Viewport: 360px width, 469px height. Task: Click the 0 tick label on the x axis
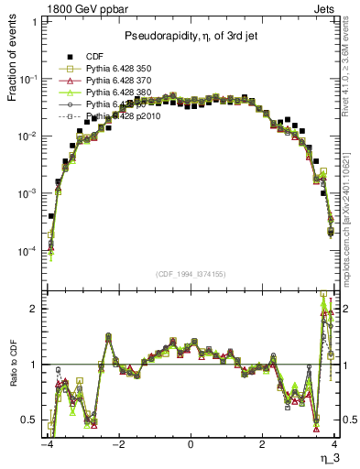(x=190, y=446)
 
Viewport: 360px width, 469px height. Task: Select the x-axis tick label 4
(x=334, y=446)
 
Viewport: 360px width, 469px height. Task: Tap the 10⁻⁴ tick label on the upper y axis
(x=30, y=250)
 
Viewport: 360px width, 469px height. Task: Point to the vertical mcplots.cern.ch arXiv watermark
(x=353, y=220)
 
